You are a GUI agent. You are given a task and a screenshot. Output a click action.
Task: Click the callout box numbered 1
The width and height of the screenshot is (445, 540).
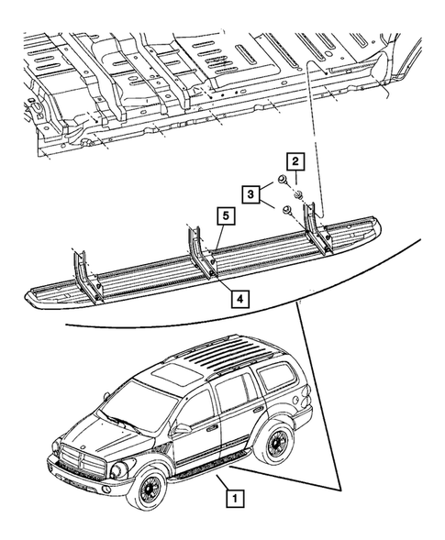(237, 500)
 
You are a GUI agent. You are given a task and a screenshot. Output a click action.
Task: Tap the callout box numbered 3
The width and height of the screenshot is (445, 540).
(250, 193)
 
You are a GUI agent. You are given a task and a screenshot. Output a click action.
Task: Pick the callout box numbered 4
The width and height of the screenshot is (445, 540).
(238, 298)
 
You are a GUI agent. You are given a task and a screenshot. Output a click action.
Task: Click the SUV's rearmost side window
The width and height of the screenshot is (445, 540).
(273, 375)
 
